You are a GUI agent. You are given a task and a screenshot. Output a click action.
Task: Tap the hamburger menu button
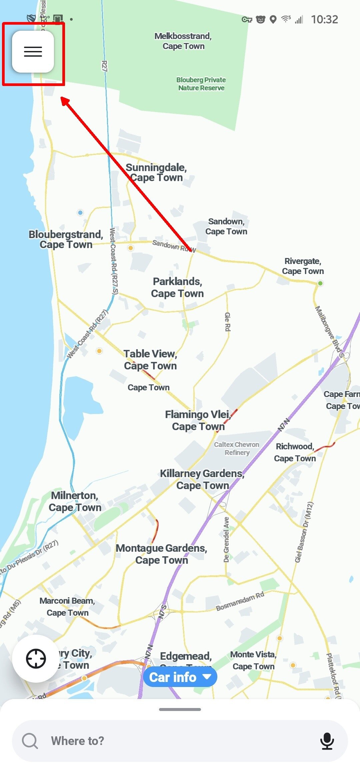33,52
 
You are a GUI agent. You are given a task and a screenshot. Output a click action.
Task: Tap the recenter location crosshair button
36,659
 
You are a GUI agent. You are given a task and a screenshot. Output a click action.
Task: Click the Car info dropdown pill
180,677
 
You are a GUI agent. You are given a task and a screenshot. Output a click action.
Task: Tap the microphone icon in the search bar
327,741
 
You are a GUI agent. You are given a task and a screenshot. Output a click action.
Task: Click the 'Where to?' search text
78,741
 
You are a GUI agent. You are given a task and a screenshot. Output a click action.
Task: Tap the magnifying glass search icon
30,741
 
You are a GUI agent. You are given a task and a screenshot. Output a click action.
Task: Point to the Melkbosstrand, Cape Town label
183,41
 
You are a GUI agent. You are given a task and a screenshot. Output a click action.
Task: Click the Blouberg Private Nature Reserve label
201,84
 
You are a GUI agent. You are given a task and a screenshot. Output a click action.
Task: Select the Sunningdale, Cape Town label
156,172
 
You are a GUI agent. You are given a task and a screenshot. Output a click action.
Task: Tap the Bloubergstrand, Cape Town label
66,239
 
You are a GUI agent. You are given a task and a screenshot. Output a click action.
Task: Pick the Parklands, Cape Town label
177,287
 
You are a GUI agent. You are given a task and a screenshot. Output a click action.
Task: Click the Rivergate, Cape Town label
303,266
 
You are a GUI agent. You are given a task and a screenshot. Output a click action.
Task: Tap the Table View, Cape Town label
150,360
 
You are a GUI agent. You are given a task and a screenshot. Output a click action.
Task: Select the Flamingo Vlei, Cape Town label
198,420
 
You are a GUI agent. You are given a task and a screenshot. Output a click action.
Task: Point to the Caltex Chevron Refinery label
237,448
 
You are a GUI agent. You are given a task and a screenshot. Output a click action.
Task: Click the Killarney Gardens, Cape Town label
202,479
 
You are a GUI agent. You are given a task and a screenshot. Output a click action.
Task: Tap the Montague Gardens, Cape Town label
162,554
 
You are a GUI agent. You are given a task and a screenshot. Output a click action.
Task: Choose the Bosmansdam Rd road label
240,601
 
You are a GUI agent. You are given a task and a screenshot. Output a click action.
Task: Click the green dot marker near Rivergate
320,283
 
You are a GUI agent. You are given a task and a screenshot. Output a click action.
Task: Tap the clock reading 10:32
324,19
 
